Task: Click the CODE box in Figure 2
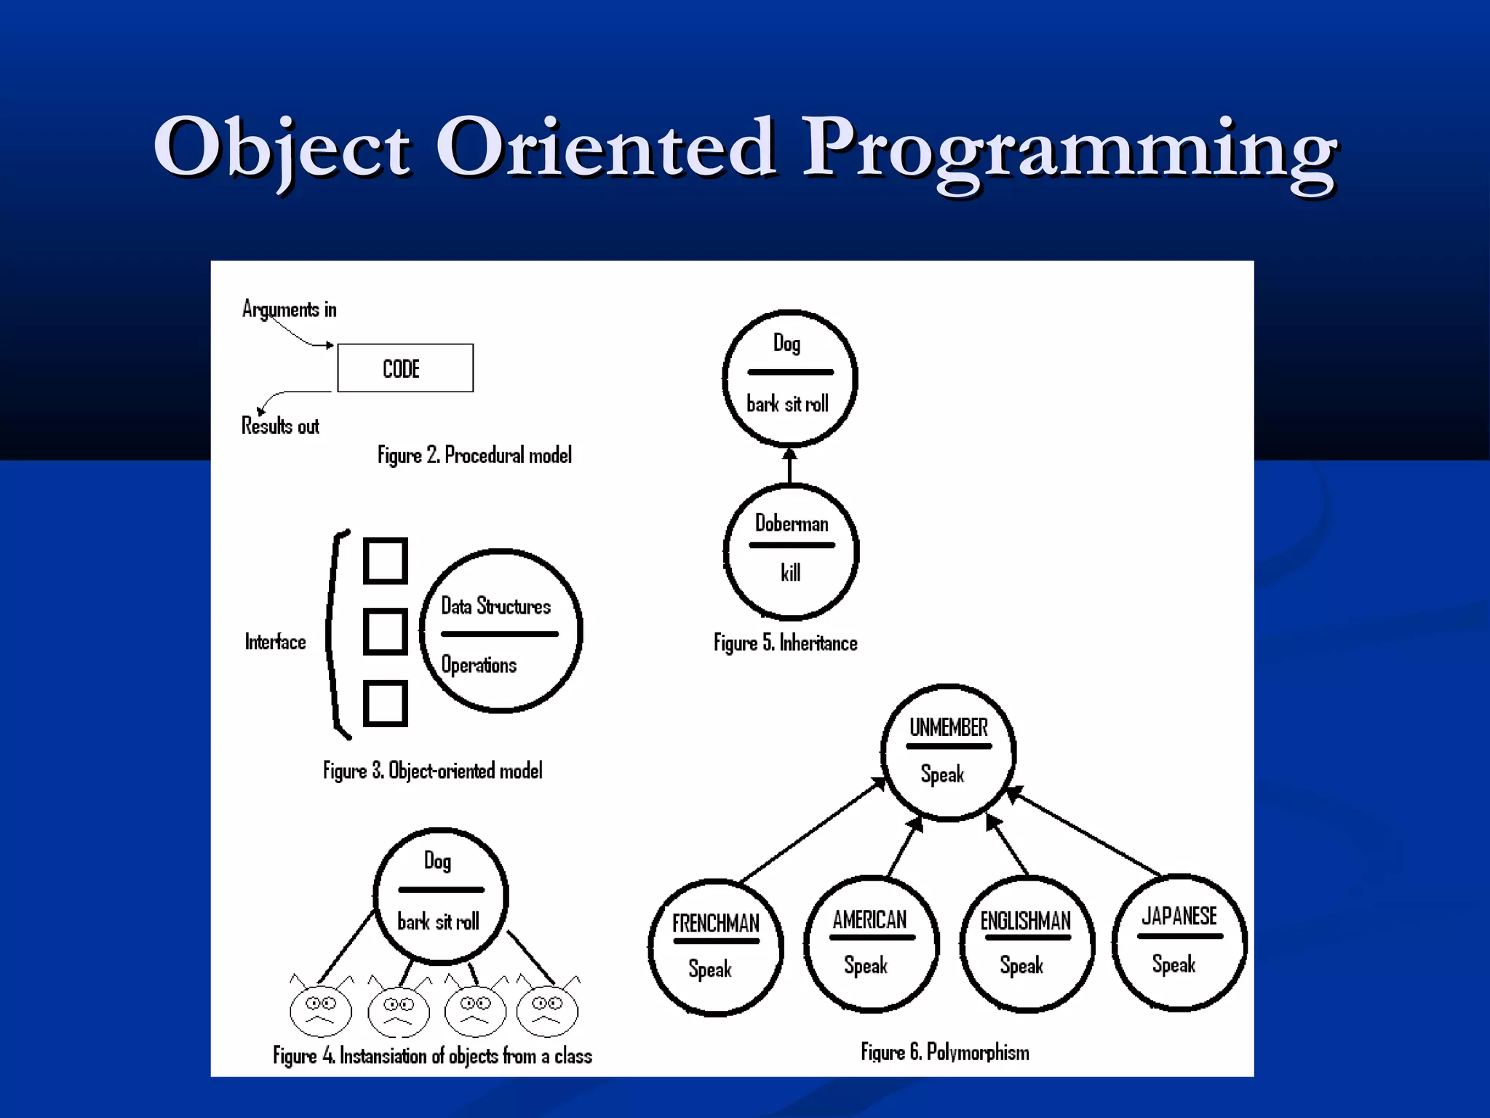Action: point(405,368)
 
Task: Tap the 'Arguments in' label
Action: point(290,309)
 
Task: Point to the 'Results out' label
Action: point(280,426)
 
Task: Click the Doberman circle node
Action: point(791,551)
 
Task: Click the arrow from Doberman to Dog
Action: point(790,466)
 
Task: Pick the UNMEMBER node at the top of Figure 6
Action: point(948,752)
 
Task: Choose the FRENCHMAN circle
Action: point(715,947)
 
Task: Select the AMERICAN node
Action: point(871,944)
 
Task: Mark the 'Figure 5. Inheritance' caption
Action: point(785,643)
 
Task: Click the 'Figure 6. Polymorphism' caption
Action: point(944,1052)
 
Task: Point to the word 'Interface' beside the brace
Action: point(275,642)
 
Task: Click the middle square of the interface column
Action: point(385,631)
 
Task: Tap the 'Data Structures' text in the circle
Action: point(495,606)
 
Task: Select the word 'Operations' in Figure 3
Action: point(479,665)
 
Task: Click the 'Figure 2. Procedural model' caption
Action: point(474,456)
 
